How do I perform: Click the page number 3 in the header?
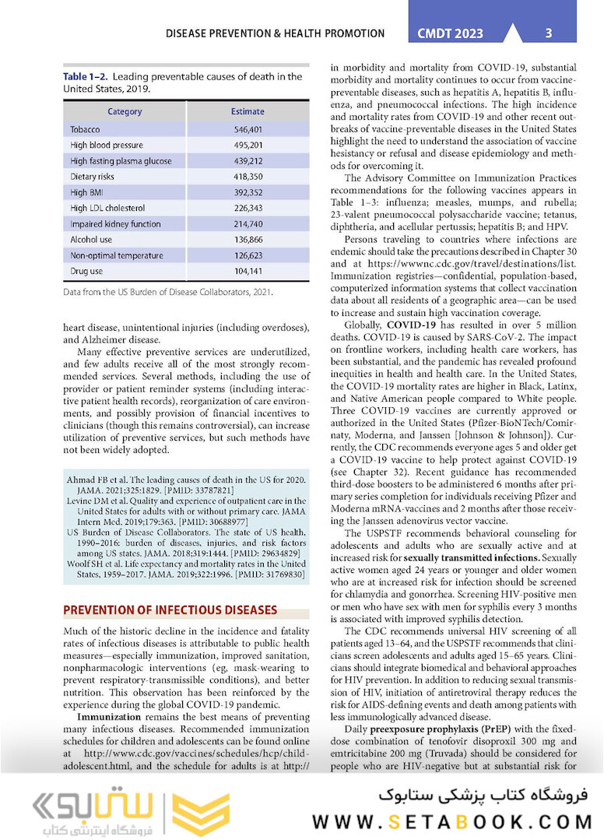point(549,33)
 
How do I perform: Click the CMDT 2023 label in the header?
point(450,33)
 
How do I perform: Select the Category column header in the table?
point(125,111)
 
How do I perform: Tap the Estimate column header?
point(248,111)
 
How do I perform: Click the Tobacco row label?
point(85,129)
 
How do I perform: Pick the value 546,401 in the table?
point(248,129)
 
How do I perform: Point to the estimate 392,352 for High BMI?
point(248,192)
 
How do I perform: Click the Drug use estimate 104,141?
point(248,271)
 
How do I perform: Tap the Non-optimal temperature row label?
point(116,255)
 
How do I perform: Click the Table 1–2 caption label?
point(90,76)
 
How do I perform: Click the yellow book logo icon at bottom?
point(202,813)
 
